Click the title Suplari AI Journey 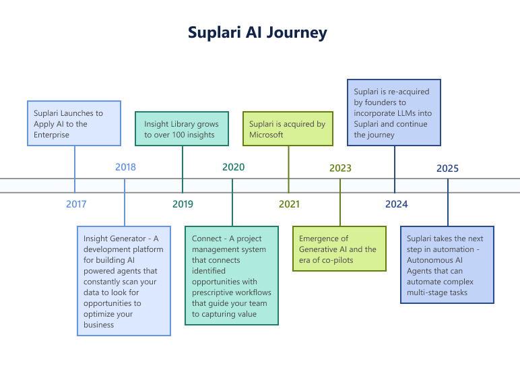point(257,32)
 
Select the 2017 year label point(76,204)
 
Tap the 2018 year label point(125,167)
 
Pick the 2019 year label point(183,204)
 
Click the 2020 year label point(233,167)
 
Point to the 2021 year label point(289,204)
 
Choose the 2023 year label point(340,168)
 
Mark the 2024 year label point(396,204)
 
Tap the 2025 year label point(447,168)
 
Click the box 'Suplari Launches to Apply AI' point(74,123)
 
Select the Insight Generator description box point(125,281)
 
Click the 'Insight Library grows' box point(183,129)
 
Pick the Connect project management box point(232,276)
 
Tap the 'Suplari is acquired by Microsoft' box point(288,129)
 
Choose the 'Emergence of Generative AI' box point(339,249)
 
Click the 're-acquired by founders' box point(395,113)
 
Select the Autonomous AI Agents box point(447,265)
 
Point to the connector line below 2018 point(125,209)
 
